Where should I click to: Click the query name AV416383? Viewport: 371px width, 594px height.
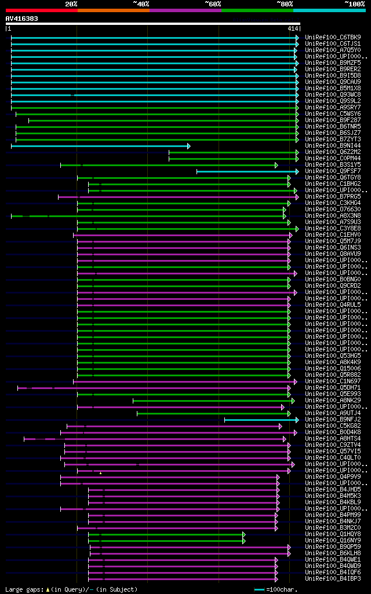click(x=22, y=19)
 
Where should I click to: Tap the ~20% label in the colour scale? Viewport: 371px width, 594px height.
click(x=71, y=4)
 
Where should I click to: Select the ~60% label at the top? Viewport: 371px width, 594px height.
click(x=213, y=4)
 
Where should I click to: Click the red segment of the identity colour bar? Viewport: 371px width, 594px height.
click(x=41, y=10)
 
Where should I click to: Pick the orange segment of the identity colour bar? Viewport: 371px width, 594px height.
click(x=113, y=10)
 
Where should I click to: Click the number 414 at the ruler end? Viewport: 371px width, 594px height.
click(x=293, y=28)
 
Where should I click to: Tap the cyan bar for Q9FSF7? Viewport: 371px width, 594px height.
click(x=247, y=171)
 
